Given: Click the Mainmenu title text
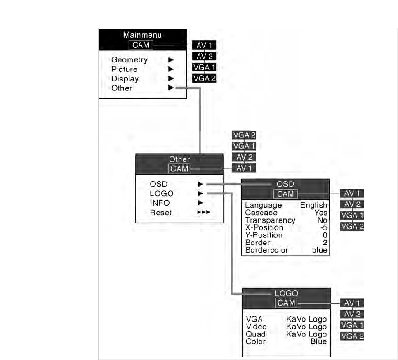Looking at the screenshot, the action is [x=143, y=36].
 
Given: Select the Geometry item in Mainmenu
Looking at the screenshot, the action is [x=130, y=60].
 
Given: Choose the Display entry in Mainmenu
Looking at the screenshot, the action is [x=125, y=78].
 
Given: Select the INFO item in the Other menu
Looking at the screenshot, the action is [x=160, y=203].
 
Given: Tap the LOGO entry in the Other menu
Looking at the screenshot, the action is [x=162, y=193].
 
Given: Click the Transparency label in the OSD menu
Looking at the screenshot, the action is [x=270, y=220].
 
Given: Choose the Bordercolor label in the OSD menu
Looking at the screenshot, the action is [x=266, y=250].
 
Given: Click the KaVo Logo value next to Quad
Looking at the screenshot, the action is [x=306, y=334].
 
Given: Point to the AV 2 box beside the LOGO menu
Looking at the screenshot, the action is [x=351, y=314].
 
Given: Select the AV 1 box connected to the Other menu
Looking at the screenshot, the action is [x=243, y=167].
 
